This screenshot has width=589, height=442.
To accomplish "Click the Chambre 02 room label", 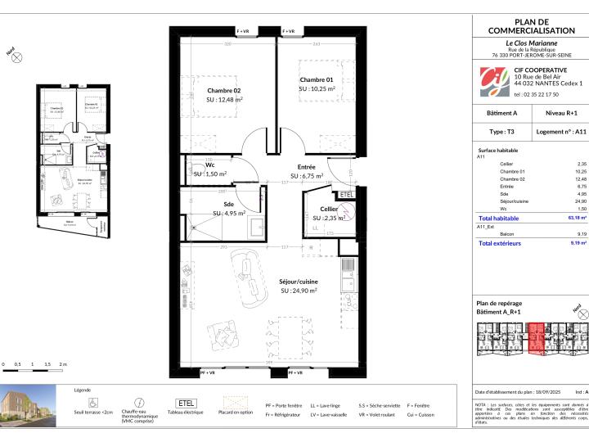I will pyautogui.click(x=223, y=91).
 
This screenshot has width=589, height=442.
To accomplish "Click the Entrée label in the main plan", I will pyautogui.click(x=308, y=166).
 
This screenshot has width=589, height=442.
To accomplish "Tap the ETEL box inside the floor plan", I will pyautogui.click(x=345, y=195).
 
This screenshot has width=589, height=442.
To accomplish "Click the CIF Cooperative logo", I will pyautogui.click(x=492, y=81).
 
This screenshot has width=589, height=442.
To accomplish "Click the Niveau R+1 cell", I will pyautogui.click(x=558, y=115).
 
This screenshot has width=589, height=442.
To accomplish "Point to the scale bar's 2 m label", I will pyautogui.click(x=62, y=363).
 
